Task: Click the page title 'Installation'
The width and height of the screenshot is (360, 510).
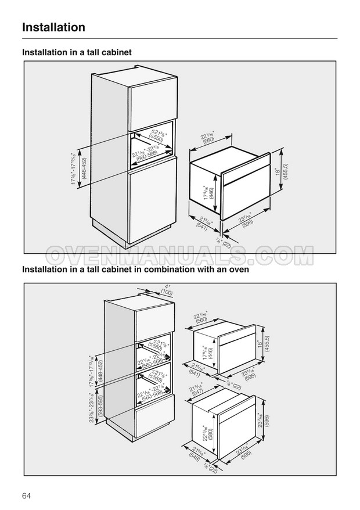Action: click(53, 27)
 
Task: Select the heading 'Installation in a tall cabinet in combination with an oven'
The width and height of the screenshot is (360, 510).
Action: click(135, 270)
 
